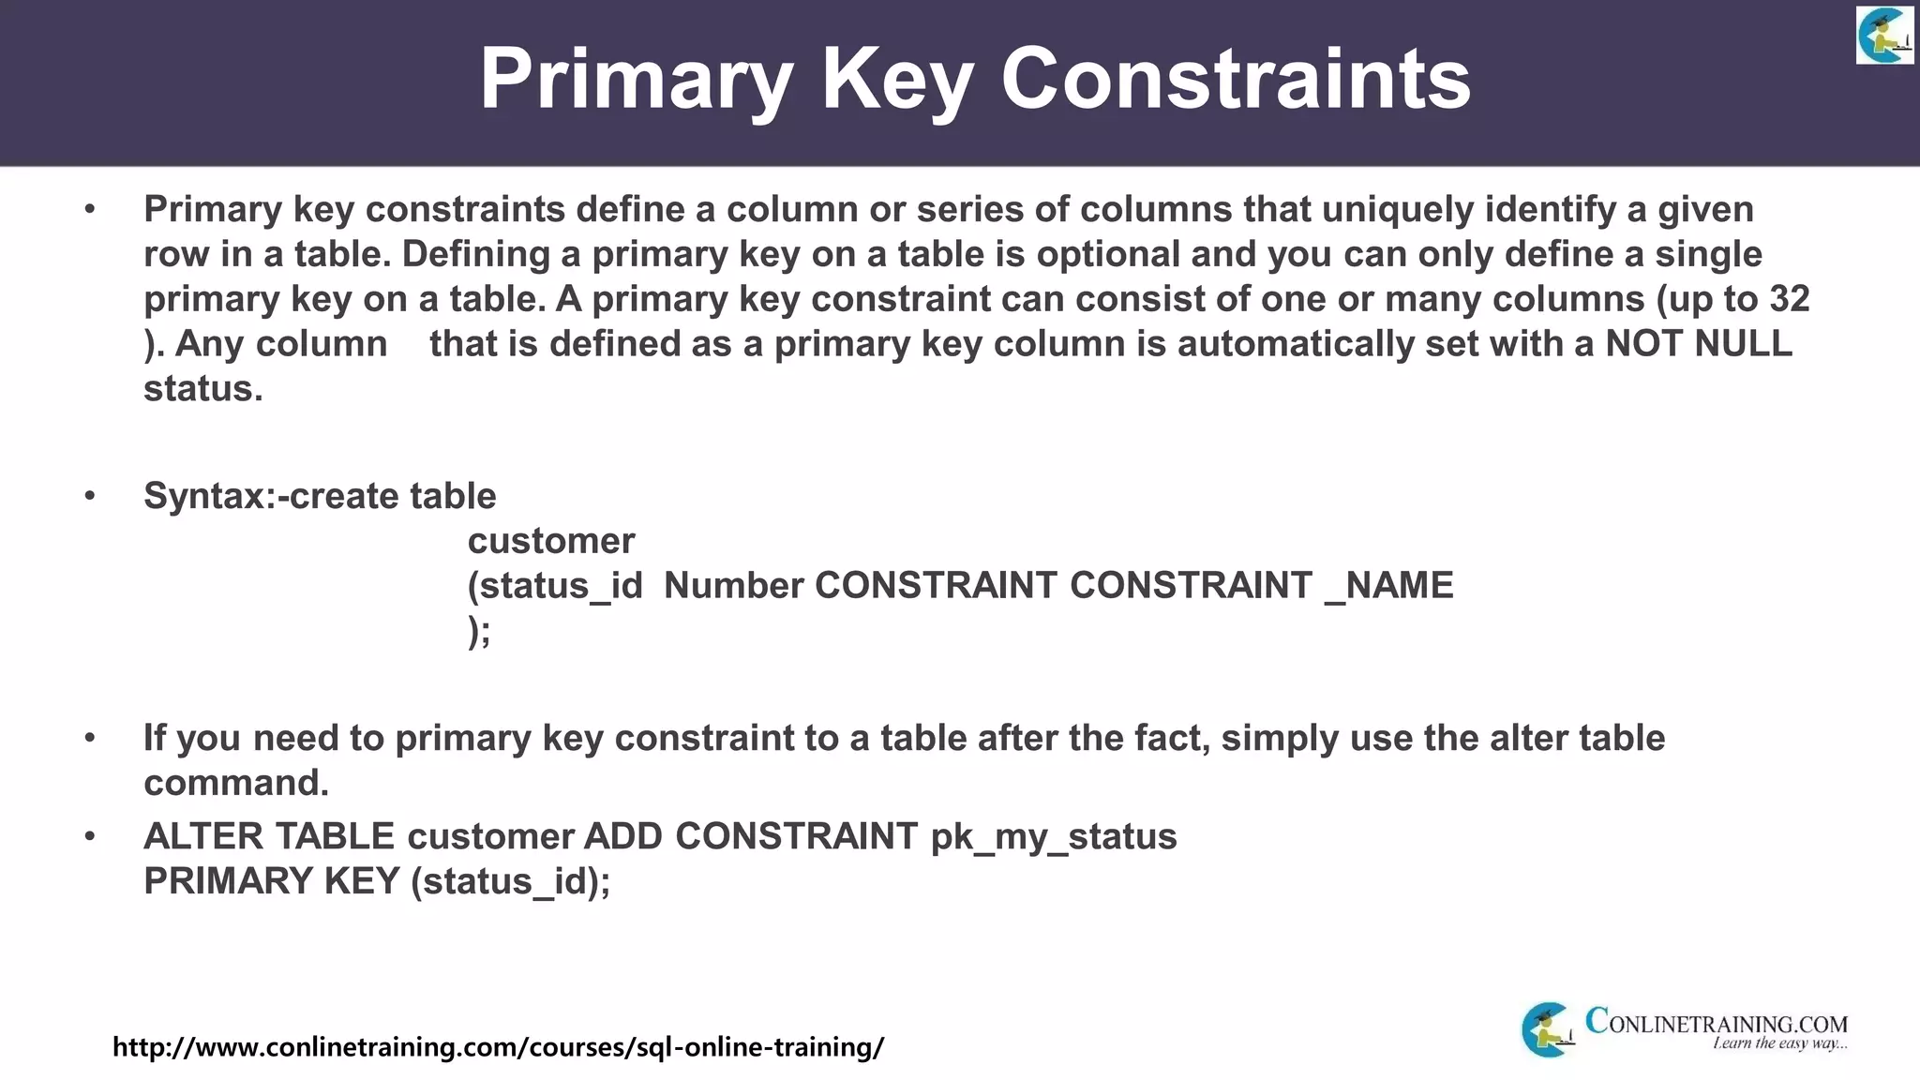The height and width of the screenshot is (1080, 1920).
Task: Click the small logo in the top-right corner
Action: [1883, 35]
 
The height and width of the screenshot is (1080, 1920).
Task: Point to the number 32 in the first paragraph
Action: [1789, 299]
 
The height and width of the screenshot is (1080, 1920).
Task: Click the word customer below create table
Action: [551, 541]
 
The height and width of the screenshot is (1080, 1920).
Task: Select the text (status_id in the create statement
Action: [555, 586]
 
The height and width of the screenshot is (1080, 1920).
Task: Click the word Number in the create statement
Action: [733, 586]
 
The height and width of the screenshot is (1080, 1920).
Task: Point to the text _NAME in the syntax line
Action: [1389, 586]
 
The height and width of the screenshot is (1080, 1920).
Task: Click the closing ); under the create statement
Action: [479, 631]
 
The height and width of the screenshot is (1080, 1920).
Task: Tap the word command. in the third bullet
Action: [236, 783]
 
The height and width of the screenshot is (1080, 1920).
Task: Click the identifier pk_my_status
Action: [1054, 836]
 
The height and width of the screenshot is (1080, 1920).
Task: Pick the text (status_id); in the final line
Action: [511, 881]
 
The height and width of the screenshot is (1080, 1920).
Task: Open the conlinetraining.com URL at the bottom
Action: [498, 1046]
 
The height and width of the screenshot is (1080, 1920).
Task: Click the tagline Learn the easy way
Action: [1779, 1043]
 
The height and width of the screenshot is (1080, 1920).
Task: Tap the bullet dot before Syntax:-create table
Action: [90, 496]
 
